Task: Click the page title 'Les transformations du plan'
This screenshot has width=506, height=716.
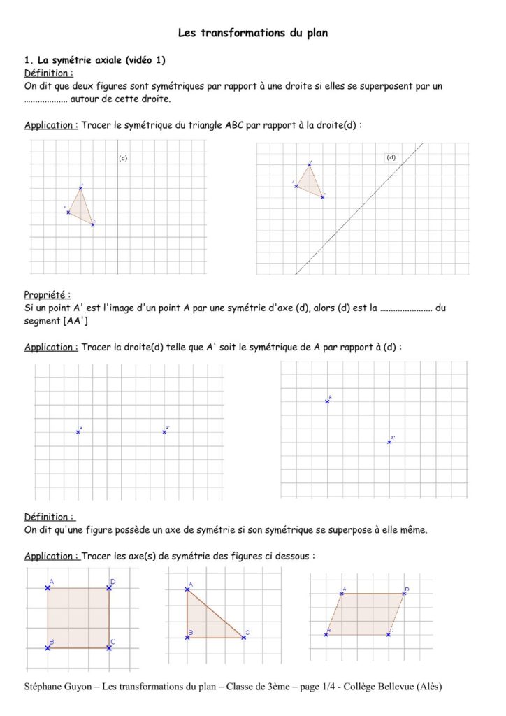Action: (253, 32)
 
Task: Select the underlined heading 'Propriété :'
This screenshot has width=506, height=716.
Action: (47, 295)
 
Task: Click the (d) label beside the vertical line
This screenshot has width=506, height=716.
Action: (123, 158)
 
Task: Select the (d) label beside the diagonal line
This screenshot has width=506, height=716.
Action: (391, 157)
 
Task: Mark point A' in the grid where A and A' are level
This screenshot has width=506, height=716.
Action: (164, 432)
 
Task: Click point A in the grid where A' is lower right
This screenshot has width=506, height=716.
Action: (327, 401)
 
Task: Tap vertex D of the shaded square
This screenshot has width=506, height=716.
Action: (109, 588)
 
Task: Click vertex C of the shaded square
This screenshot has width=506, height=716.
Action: (109, 648)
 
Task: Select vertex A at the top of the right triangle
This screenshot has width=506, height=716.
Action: (187, 590)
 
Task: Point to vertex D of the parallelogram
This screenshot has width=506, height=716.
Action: (403, 594)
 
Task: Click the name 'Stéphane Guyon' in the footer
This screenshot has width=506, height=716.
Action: (58, 686)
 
